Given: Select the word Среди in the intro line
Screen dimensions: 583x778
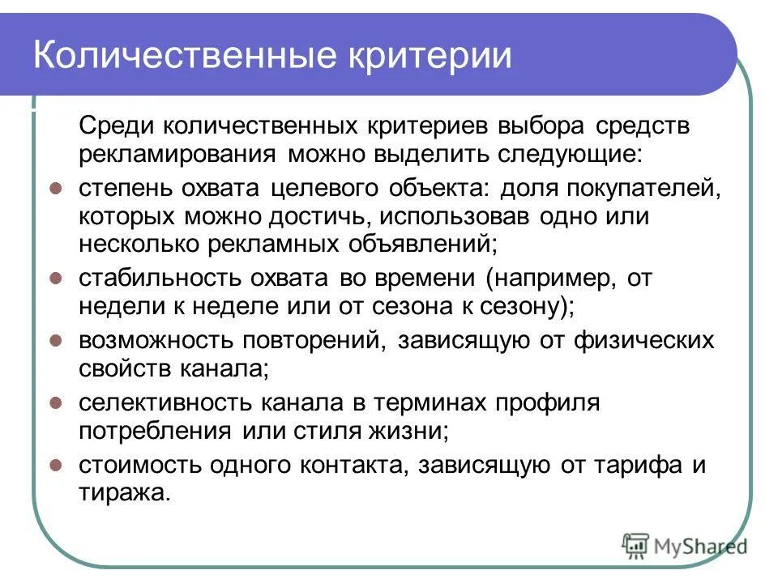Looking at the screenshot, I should [x=114, y=126].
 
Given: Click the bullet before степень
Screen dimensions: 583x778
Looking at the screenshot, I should [x=56, y=189].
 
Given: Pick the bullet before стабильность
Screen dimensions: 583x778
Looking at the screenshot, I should [x=56, y=278].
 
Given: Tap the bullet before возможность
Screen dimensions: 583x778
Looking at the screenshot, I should [x=56, y=340].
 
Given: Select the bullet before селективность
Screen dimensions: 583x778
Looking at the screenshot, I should [x=56, y=402].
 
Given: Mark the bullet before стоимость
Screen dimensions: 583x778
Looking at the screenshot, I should [x=56, y=465].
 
